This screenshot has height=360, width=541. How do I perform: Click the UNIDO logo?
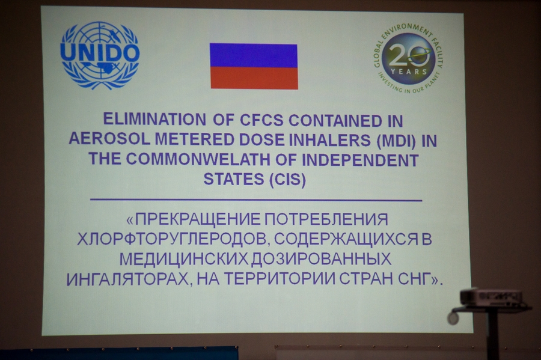[100, 55]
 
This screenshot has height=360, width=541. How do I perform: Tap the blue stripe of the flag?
[254, 55]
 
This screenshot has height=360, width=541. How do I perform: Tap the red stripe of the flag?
[254, 78]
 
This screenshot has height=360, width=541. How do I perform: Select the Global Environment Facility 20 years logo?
[409, 59]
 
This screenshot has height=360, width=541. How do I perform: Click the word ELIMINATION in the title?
[154, 120]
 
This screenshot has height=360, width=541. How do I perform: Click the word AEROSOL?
[109, 139]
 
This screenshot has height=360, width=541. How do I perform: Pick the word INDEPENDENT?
[360, 160]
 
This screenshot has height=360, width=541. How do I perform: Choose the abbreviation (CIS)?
[285, 180]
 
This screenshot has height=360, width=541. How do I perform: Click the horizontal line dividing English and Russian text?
[256, 200]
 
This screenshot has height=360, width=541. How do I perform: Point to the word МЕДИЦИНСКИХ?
[183, 259]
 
